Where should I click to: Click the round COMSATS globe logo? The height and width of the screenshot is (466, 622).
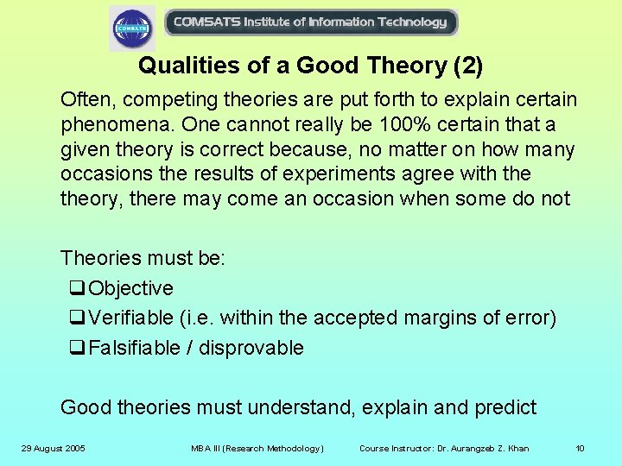(132, 28)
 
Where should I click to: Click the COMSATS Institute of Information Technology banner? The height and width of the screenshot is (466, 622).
(310, 22)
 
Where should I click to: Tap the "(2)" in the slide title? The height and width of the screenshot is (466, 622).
(466, 66)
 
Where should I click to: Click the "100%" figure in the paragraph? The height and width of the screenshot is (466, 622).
(378, 124)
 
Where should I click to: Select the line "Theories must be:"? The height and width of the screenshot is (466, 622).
(143, 258)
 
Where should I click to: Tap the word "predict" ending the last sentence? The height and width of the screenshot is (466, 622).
(505, 407)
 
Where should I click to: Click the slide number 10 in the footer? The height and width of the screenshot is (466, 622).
(580, 448)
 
